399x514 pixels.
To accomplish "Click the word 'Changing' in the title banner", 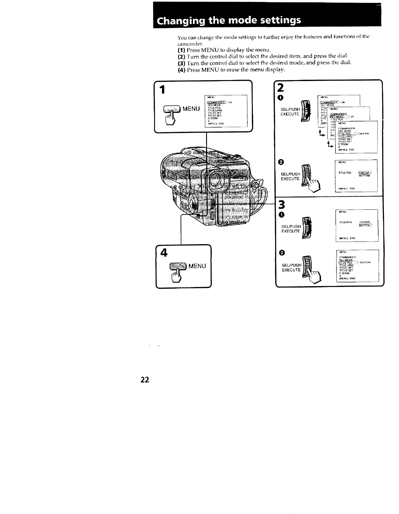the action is (x=179, y=20).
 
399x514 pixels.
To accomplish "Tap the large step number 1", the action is (x=162, y=90).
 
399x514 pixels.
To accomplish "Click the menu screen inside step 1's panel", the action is (x=226, y=111).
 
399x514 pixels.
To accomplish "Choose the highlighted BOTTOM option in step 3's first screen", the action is (x=365, y=226).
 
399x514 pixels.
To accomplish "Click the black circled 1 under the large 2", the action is (x=280, y=98).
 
